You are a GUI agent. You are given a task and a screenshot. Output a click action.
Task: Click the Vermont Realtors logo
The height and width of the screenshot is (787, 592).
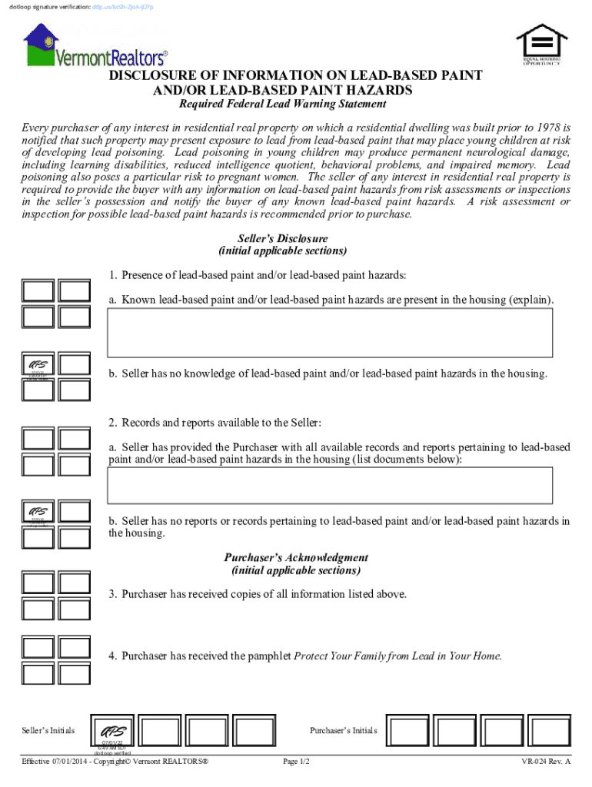click(95, 47)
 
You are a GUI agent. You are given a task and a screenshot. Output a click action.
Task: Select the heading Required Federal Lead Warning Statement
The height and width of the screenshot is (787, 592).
click(282, 105)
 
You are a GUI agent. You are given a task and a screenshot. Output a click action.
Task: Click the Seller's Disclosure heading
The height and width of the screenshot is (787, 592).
click(283, 238)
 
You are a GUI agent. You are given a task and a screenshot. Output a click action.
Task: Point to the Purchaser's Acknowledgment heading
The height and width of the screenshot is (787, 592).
click(296, 558)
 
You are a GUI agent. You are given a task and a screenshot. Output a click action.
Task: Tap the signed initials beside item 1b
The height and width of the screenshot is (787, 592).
click(38, 365)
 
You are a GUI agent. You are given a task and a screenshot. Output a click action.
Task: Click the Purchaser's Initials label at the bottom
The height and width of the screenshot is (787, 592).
click(343, 731)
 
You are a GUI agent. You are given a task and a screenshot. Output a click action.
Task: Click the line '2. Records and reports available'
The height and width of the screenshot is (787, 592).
click(215, 423)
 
